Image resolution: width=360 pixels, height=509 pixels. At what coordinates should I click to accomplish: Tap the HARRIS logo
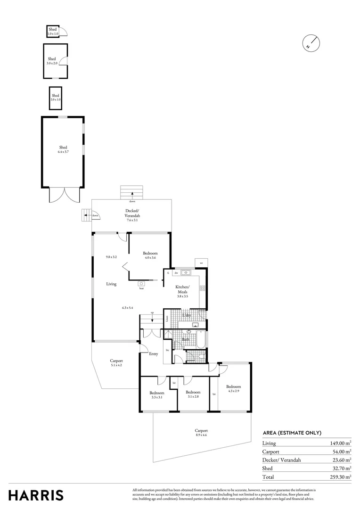coord(36,495)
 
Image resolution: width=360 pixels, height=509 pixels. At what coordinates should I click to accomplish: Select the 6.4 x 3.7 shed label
coord(63,149)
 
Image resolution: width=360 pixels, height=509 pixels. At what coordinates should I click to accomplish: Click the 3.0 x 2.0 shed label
coord(52,61)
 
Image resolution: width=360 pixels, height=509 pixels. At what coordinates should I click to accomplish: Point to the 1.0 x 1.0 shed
coord(52,32)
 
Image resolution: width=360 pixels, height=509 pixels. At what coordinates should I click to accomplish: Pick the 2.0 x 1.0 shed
coord(56,98)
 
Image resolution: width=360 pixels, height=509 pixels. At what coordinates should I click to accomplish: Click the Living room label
coord(111,284)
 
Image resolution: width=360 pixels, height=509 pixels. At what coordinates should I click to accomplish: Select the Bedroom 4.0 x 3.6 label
coord(150,255)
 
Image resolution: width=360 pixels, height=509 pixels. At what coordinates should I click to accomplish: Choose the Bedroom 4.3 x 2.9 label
coord(234,388)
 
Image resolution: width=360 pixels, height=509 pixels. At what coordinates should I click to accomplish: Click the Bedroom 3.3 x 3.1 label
coord(157,395)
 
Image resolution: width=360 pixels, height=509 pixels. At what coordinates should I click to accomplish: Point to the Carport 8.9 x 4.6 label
coord(201,433)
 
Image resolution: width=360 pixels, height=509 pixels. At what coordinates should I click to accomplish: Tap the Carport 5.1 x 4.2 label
coord(116,362)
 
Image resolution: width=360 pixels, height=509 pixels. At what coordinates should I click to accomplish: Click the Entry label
coord(153,354)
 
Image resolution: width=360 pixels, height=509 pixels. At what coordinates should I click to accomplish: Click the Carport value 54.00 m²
coord(340,452)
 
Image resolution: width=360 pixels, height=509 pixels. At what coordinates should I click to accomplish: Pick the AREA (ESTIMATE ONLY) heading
coord(292,433)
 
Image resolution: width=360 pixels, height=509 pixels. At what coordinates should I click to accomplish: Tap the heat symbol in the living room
coord(141,284)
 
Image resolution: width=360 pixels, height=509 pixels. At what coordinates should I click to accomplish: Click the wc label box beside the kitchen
coord(201,263)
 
